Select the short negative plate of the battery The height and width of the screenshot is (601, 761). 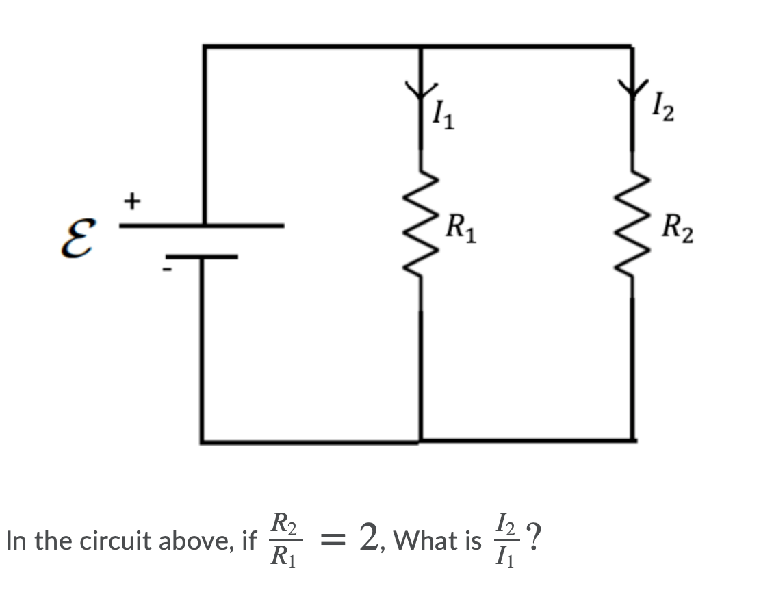pyautogui.click(x=203, y=257)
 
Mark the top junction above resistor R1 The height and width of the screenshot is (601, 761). pyautogui.click(x=420, y=47)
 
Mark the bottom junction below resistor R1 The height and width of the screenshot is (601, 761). pyautogui.click(x=420, y=441)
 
